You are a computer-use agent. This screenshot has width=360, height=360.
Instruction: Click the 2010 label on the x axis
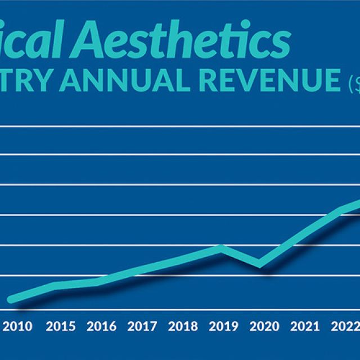pyautogui.click(x=17, y=326)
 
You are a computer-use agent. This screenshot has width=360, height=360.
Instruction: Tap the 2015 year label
pyautogui.click(x=61, y=326)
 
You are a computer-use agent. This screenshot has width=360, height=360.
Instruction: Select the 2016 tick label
pyautogui.click(x=101, y=326)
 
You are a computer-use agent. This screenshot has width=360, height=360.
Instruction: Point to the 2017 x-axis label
pyautogui.click(x=142, y=326)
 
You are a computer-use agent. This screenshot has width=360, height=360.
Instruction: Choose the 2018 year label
pyautogui.click(x=183, y=326)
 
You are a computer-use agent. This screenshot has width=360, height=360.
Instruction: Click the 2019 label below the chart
pyautogui.click(x=223, y=326)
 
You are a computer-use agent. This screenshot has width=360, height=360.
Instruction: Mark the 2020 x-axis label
pyautogui.click(x=264, y=326)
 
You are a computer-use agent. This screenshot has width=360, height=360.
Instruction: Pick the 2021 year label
pyautogui.click(x=304, y=326)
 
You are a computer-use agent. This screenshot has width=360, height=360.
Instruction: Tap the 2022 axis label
pyautogui.click(x=343, y=326)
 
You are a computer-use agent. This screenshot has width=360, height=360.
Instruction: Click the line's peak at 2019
pyautogui.click(x=223, y=246)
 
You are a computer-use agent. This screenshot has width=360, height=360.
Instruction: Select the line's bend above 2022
pyautogui.click(x=341, y=210)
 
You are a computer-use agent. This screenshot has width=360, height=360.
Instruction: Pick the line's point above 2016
pyautogui.click(x=100, y=281)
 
